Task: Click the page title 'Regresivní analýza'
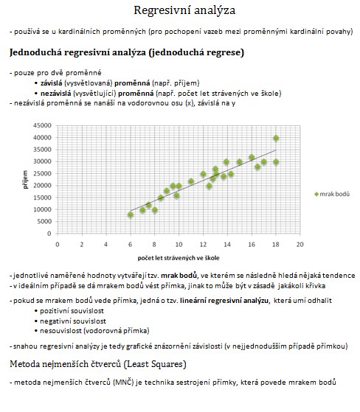pyautogui.click(x=184, y=10)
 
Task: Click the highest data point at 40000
pyautogui.click(x=276, y=138)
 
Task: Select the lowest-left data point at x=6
pyautogui.click(x=131, y=214)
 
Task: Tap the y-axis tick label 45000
pyautogui.click(x=42, y=125)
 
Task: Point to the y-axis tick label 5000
pyautogui.click(x=44, y=222)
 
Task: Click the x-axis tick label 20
pyautogui.click(x=300, y=245)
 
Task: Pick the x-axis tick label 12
pyautogui.click(x=203, y=245)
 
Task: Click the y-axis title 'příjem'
pyautogui.click(x=25, y=179)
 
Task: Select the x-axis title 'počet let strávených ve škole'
pyautogui.click(x=179, y=258)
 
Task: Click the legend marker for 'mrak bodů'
pyautogui.click(x=316, y=194)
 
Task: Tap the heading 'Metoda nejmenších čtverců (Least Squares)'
pyautogui.click(x=98, y=364)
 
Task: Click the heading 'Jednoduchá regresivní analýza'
pyautogui.click(x=78, y=52)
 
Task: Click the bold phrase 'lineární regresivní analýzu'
pyautogui.click(x=224, y=301)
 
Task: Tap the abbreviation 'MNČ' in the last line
pyautogui.click(x=123, y=382)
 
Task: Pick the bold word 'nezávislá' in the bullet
pyautogui.click(x=56, y=94)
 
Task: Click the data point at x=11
pyautogui.click(x=191, y=181)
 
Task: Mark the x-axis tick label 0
pyautogui.click(x=58, y=245)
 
